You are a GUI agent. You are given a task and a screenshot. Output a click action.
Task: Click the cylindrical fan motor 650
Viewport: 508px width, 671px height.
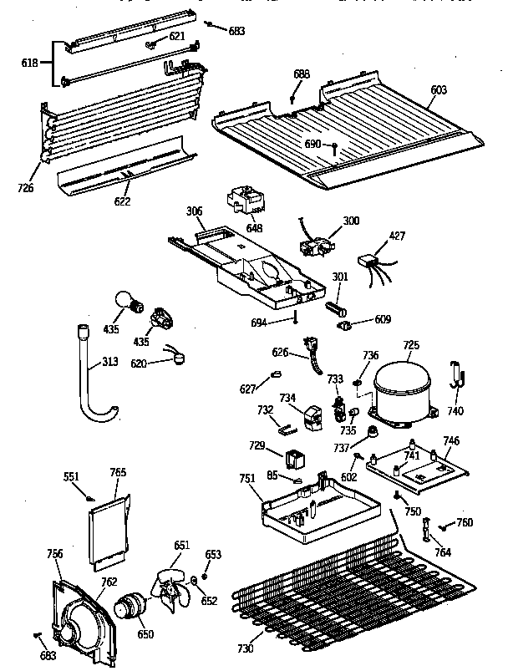(130, 605)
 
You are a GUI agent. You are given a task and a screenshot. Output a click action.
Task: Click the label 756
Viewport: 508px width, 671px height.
(54, 553)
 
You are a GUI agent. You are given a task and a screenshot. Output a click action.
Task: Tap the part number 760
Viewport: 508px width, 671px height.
(464, 523)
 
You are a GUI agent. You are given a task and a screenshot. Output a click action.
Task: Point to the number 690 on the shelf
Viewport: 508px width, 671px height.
(313, 144)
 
